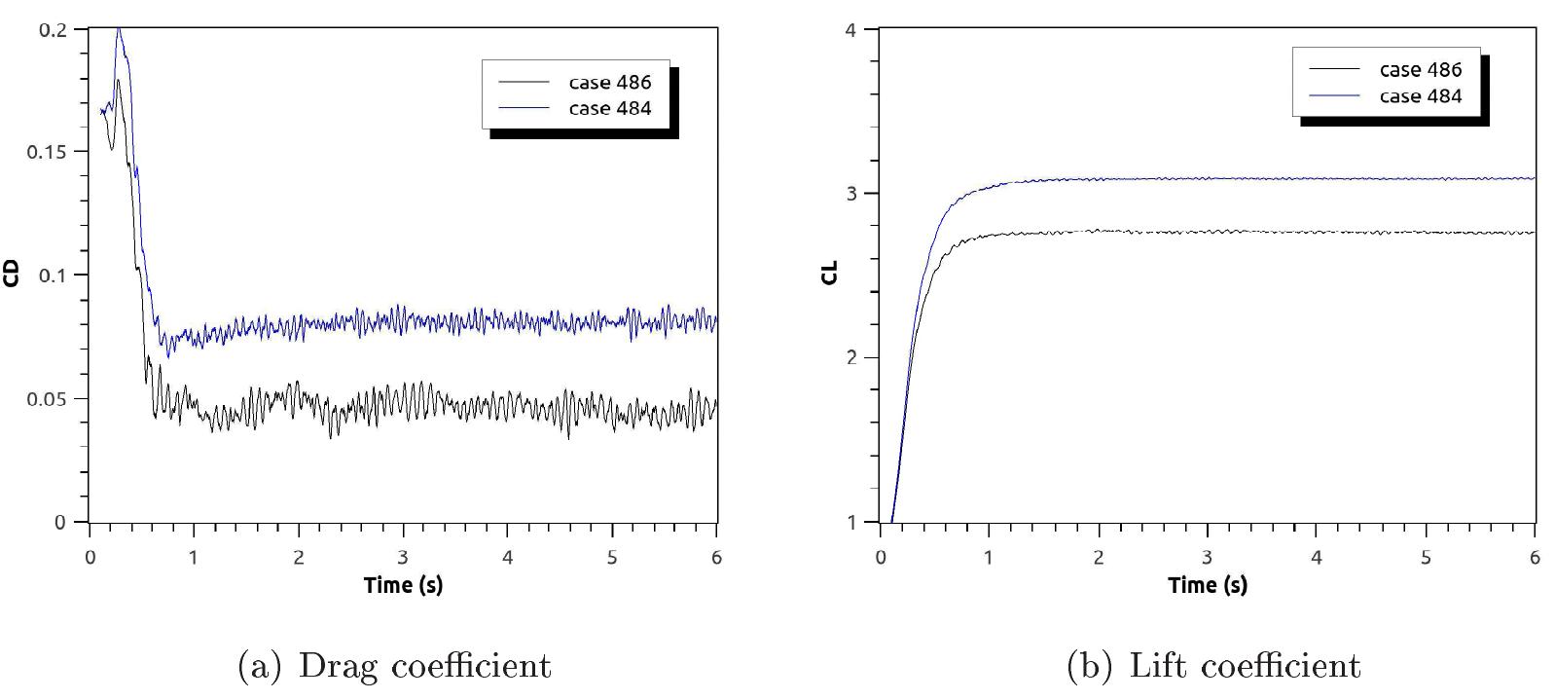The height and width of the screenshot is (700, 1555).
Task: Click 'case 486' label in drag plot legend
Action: (x=609, y=82)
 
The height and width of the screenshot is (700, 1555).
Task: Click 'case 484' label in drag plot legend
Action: (x=609, y=108)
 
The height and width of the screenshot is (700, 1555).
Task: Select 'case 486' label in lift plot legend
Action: (x=1420, y=69)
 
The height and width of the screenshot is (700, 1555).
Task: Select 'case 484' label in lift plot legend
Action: (x=1420, y=95)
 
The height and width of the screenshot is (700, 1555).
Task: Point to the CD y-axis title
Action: (x=12, y=275)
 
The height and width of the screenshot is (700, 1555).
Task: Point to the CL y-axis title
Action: (x=829, y=274)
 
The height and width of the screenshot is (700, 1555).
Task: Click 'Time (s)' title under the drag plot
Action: (x=403, y=585)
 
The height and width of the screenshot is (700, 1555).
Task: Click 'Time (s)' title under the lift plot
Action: (x=1208, y=585)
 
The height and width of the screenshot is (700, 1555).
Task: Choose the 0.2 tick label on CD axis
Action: (x=53, y=29)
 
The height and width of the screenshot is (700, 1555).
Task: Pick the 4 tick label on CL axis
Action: (x=850, y=29)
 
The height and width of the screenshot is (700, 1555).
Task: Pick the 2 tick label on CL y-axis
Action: (x=850, y=358)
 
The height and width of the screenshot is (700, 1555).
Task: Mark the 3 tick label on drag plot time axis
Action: (x=403, y=558)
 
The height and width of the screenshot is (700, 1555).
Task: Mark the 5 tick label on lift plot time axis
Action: (x=1426, y=558)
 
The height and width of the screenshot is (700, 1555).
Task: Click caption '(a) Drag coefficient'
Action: (x=394, y=666)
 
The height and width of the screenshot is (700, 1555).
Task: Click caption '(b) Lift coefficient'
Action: (x=1212, y=666)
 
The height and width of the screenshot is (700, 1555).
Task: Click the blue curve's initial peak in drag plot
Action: (x=119, y=31)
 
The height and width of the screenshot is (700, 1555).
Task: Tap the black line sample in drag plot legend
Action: (x=524, y=82)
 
